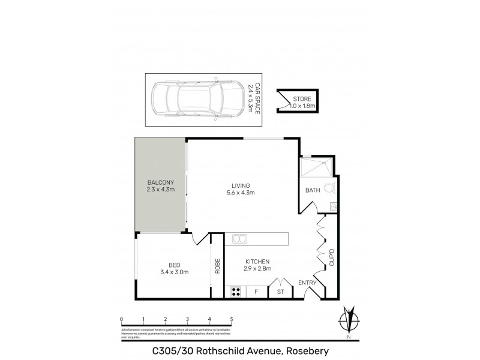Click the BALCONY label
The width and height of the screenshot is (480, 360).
(x=160, y=186)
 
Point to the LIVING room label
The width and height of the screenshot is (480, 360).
(x=241, y=189)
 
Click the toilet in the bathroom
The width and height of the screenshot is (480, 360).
(x=329, y=190)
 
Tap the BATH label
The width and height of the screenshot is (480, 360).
(x=313, y=191)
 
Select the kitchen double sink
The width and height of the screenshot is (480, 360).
(x=239, y=239)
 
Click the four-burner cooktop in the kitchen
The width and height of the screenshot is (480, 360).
(x=236, y=292)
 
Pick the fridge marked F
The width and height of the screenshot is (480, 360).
(x=256, y=292)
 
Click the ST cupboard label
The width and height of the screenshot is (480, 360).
(x=280, y=292)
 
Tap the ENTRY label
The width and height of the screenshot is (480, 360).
(x=307, y=282)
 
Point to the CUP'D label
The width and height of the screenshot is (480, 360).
(x=331, y=259)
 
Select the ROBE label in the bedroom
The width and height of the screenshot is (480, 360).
(x=218, y=266)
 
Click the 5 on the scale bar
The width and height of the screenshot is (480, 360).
(x=231, y=319)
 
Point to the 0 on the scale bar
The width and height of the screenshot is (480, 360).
(x=121, y=319)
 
